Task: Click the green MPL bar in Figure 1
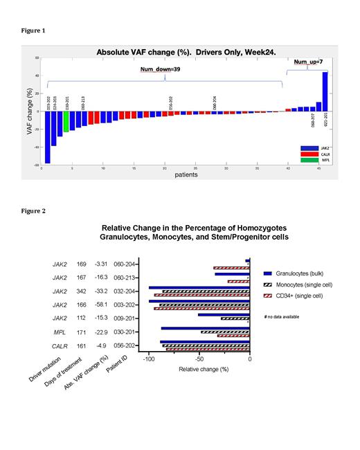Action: (x=66, y=121)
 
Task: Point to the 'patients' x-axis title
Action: (x=185, y=174)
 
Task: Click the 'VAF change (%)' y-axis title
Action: (x=30, y=115)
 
